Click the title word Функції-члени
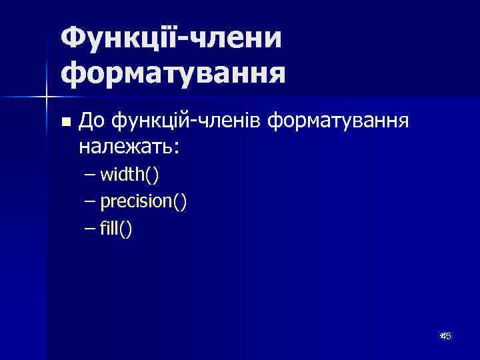171,37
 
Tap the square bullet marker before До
65,122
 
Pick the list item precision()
143,202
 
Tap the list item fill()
116,229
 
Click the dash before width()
91,175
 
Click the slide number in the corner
445,337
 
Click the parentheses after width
152,175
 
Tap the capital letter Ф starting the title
73,37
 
